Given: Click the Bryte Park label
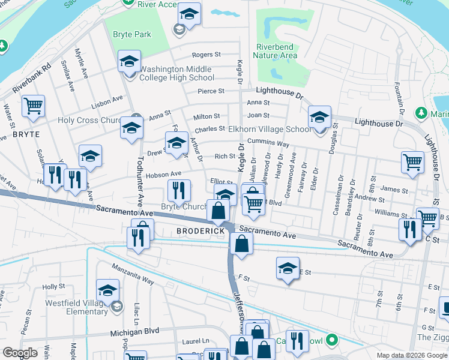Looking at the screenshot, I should point(132,35).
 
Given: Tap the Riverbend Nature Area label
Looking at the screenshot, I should point(276,51).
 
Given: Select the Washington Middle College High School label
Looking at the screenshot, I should point(176,73).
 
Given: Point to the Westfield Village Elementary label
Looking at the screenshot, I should point(76,307).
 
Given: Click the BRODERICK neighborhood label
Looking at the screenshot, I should point(200,231).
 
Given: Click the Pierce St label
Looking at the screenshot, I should point(211,91).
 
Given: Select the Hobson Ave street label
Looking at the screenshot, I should point(159,174).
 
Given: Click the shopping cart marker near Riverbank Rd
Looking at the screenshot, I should point(34,106).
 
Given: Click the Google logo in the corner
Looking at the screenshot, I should point(20,353).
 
